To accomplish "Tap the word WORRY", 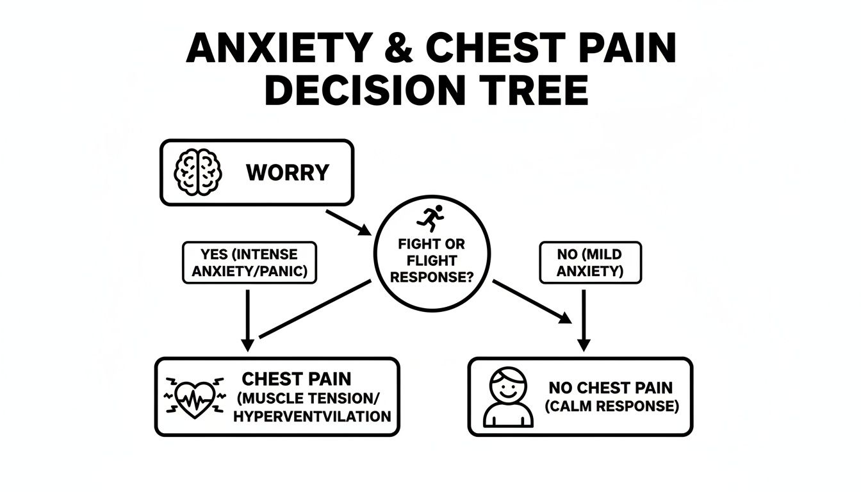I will point(287,172).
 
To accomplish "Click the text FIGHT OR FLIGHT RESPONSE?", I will point(431,261).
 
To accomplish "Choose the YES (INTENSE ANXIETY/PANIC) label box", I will point(249,263).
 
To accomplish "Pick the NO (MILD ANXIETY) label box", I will point(589,263).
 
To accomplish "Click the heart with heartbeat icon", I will point(195,397).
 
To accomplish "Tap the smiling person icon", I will point(508,397).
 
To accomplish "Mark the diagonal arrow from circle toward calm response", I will point(531,300).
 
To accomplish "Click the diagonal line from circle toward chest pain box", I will point(315,309).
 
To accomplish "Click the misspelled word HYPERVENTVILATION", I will point(312,416).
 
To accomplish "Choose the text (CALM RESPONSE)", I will point(611,406).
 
